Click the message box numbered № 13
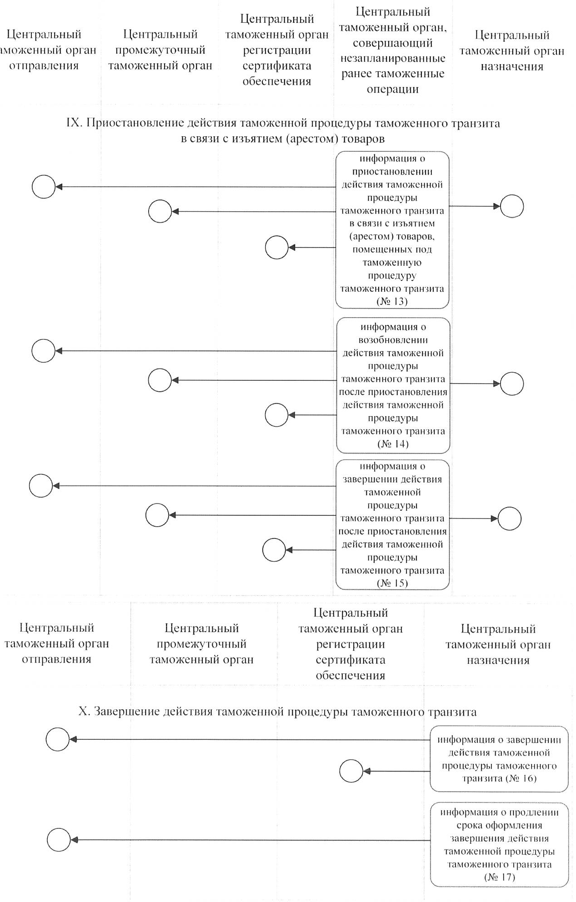pyautogui.click(x=392, y=230)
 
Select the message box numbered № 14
pyautogui.click(x=393, y=385)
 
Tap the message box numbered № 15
pyautogui.click(x=392, y=524)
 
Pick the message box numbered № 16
pyautogui.click(x=499, y=758)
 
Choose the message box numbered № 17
pyautogui.click(x=499, y=844)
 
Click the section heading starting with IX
pyautogui.click(x=283, y=130)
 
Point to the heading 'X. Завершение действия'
pyautogui.click(x=277, y=712)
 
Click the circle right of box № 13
pyautogui.click(x=511, y=206)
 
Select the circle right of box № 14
pyautogui.click(x=511, y=384)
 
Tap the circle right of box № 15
pyautogui.click(x=509, y=518)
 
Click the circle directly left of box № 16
pyautogui.click(x=351, y=771)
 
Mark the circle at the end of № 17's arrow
pyautogui.click(x=59, y=840)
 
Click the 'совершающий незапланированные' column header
pyautogui.click(x=392, y=50)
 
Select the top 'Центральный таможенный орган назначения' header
pyautogui.click(x=511, y=50)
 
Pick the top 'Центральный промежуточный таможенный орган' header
pyautogui.click(x=160, y=50)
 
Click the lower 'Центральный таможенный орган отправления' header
pyautogui.click(x=56, y=643)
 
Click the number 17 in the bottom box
pyautogui.click(x=506, y=877)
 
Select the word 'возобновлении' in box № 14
pyautogui.click(x=393, y=340)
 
